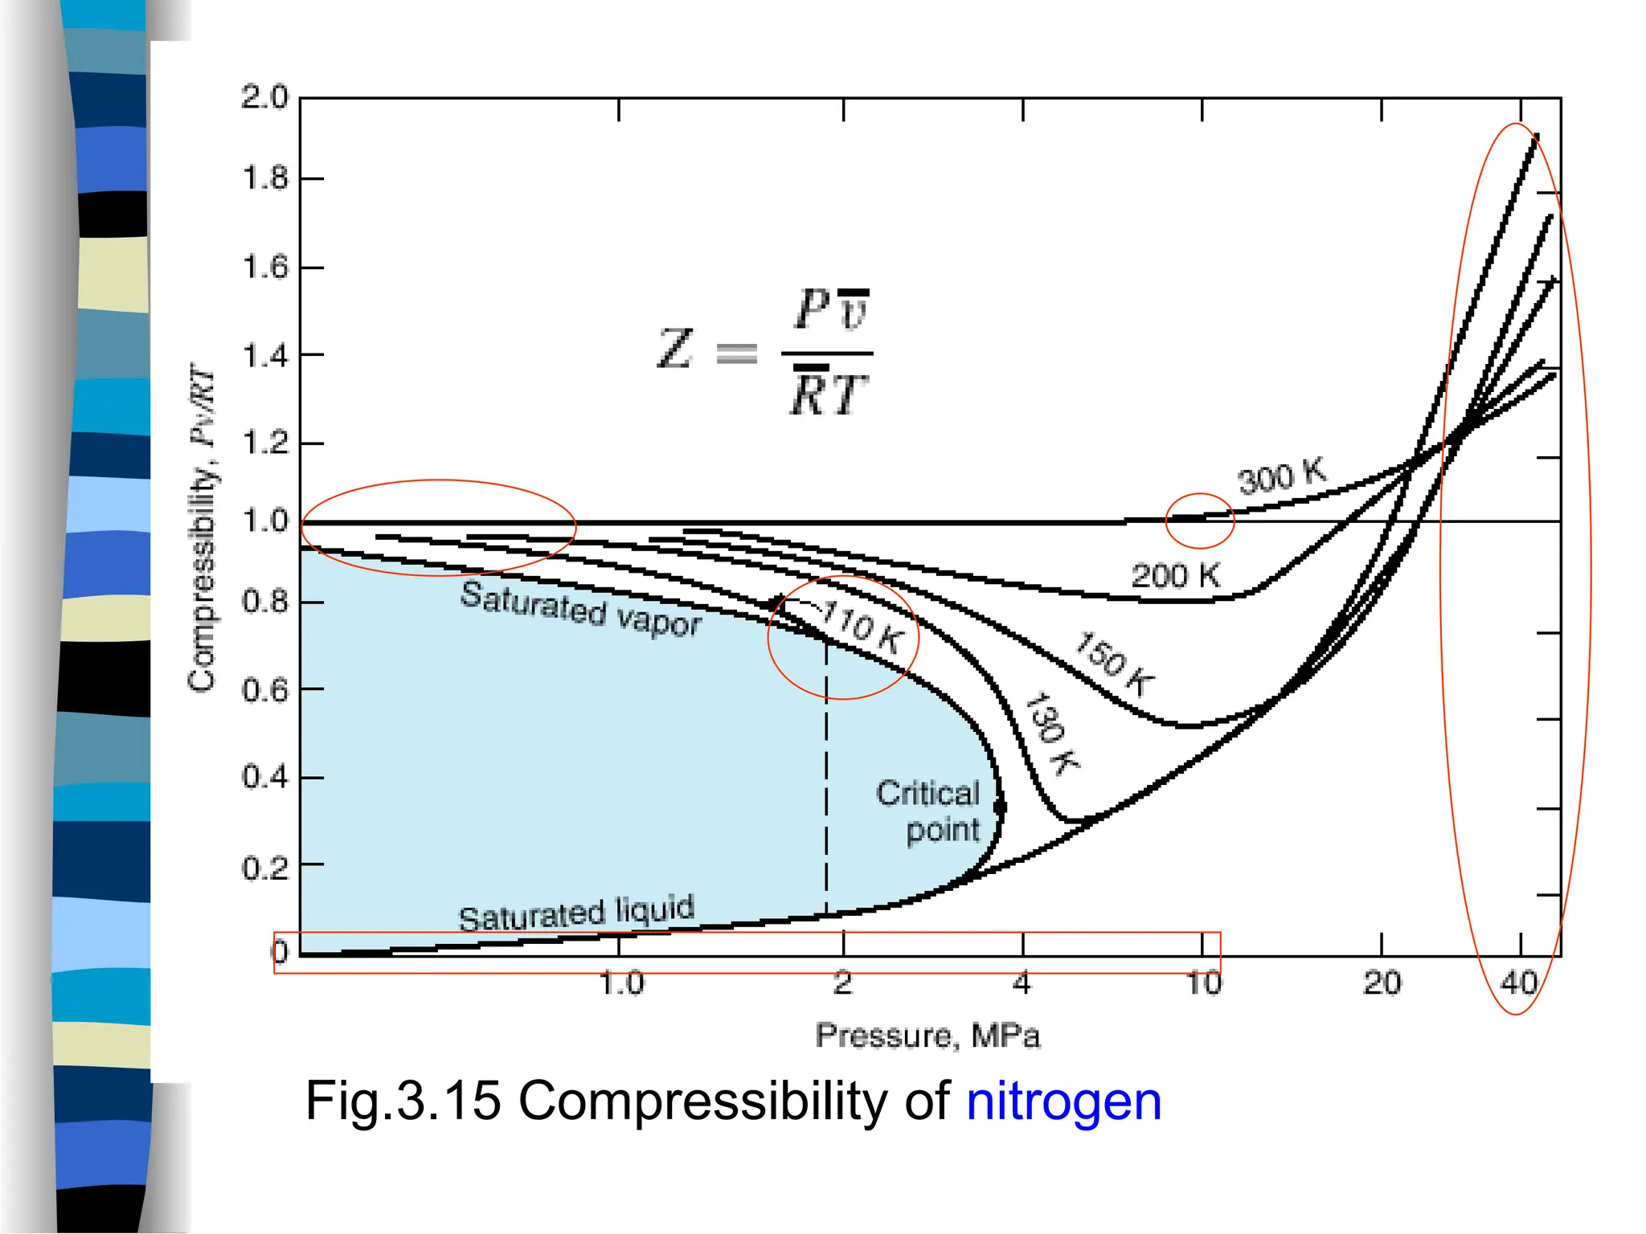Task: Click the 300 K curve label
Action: click(x=1282, y=477)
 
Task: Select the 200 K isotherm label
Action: click(x=1175, y=576)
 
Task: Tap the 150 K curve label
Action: click(x=1115, y=664)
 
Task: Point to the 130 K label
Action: click(x=1052, y=733)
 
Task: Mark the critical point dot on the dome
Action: click(x=1000, y=807)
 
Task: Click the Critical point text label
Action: click(x=930, y=811)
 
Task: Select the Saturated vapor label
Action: click(x=580, y=609)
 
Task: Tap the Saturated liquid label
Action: click(x=575, y=913)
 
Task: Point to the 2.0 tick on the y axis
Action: click(x=264, y=97)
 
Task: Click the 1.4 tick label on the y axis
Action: click(x=264, y=355)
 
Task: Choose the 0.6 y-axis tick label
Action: click(x=264, y=690)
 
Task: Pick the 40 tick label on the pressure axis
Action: click(x=1519, y=983)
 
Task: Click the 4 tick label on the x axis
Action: click(x=1022, y=983)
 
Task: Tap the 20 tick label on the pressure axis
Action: click(x=1382, y=983)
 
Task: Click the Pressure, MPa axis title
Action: click(x=927, y=1036)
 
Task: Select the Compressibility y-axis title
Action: click(x=203, y=530)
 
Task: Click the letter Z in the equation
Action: click(x=675, y=349)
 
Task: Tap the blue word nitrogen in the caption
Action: click(x=1063, y=1101)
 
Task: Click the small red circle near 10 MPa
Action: click(x=1199, y=521)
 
